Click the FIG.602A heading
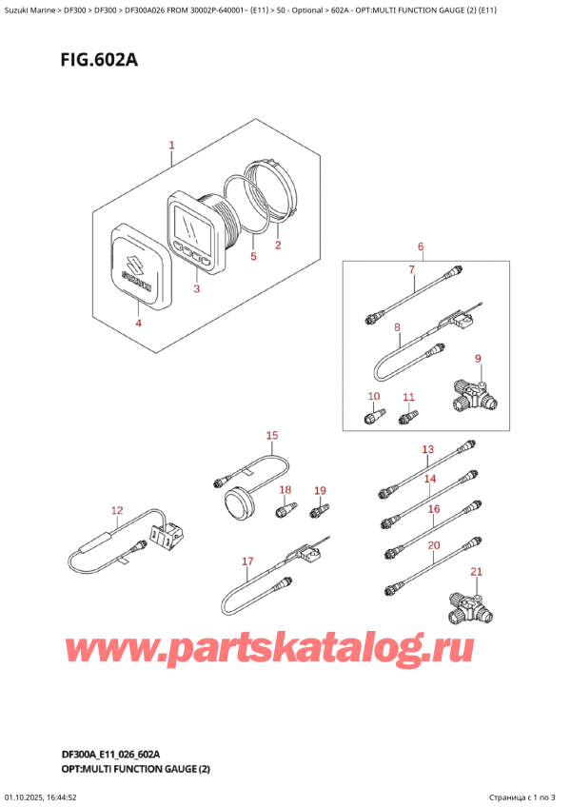coord(99,60)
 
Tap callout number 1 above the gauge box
coord(171,146)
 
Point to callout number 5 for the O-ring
coord(253,256)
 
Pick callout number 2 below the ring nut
coord(278,245)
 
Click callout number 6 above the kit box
coord(421,246)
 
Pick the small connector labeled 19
coord(320,510)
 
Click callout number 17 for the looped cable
coord(247,561)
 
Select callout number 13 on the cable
coord(428,449)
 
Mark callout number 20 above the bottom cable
coord(434,545)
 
